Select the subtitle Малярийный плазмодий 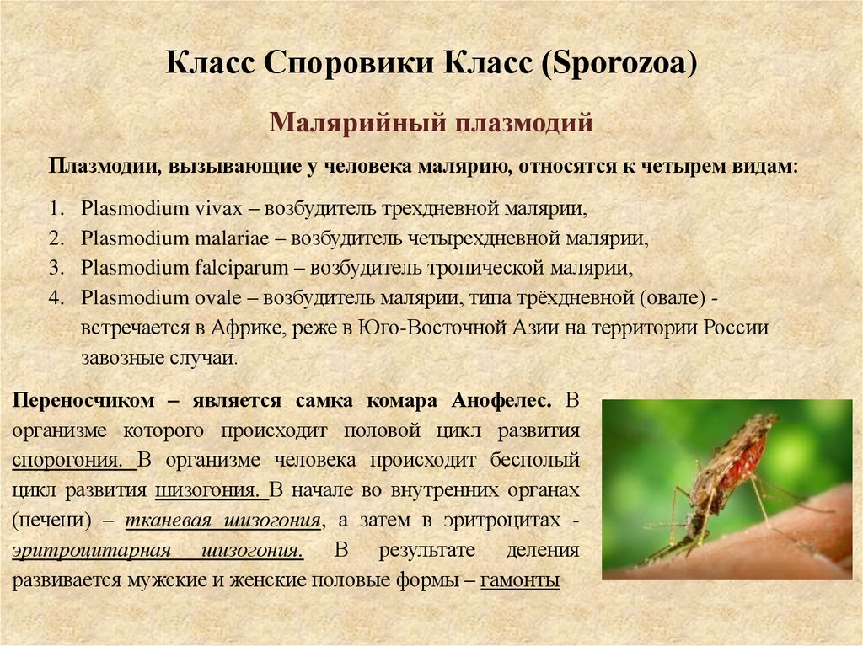[x=431, y=123]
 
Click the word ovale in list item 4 [x=222, y=298]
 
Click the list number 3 [x=56, y=268]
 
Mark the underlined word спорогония [x=73, y=461]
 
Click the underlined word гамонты [x=520, y=580]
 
